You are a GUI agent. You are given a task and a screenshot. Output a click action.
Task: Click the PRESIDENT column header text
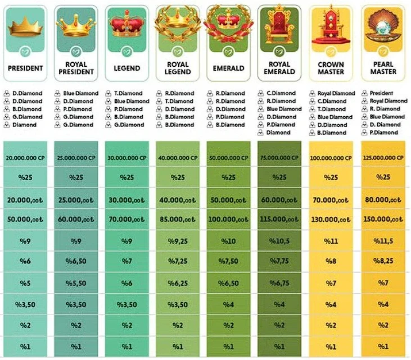[25, 69]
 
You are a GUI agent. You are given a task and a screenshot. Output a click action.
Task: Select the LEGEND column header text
[127, 69]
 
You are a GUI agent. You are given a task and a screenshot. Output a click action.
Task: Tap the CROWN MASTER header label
[331, 69]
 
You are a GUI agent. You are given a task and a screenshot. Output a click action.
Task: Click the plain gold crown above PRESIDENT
[25, 25]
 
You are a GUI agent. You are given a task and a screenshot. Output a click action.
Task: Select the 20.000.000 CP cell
[25, 158]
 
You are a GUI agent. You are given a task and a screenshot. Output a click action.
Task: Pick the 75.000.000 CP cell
[279, 158]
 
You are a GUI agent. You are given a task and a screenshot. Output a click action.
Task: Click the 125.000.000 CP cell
[383, 158]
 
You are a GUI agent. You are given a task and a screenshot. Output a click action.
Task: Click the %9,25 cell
[178, 241]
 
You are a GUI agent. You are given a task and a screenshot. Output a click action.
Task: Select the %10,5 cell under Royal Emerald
[279, 241]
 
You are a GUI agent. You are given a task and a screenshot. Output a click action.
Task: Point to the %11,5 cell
[383, 241]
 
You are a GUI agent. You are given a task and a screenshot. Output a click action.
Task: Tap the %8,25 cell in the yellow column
[383, 262]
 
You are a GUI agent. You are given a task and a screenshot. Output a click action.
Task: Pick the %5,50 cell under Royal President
[76, 284]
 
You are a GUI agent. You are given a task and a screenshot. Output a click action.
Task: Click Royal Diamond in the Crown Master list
[336, 93]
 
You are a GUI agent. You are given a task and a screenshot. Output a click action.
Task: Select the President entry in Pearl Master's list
[382, 93]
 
